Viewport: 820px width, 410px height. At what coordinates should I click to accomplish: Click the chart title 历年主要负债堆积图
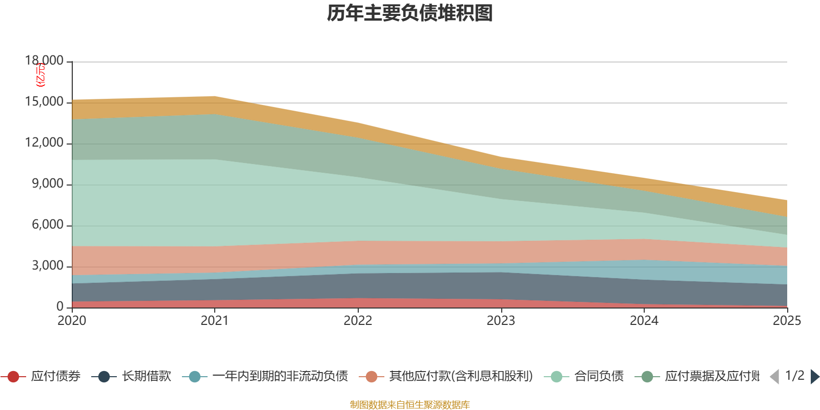click(410, 13)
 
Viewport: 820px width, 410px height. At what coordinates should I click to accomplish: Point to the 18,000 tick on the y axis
click(45, 60)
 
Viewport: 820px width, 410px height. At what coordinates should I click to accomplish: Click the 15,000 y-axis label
click(45, 101)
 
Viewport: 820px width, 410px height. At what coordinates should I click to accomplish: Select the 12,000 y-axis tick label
click(45, 142)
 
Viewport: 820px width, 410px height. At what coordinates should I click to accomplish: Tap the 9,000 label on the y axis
click(48, 183)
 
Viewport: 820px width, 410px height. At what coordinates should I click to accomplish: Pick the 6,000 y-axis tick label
click(48, 224)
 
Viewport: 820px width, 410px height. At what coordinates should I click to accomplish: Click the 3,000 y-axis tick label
click(48, 265)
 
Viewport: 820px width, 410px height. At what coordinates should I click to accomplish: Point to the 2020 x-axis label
click(72, 321)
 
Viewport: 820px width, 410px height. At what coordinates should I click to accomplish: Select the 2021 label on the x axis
click(215, 321)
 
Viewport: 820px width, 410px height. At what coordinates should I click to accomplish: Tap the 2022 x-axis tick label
click(358, 321)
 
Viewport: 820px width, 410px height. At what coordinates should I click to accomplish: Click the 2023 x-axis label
click(501, 321)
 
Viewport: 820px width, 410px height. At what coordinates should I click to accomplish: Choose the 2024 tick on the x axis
click(644, 321)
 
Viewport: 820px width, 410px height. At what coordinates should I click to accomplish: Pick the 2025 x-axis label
click(787, 321)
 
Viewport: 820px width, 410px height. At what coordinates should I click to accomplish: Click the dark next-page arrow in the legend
click(815, 377)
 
